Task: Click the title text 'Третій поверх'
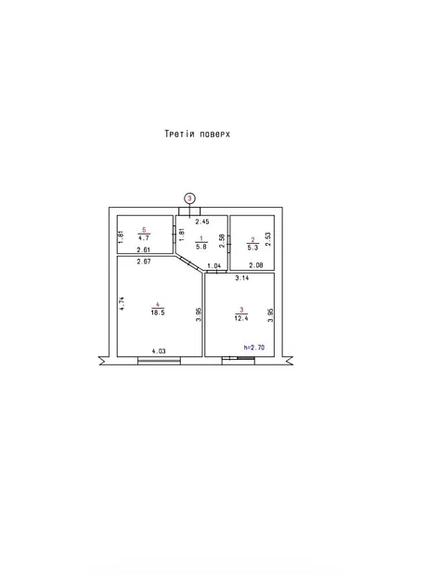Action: pos(197,134)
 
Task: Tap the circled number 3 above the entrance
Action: pos(189,198)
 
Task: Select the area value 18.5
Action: pos(158,313)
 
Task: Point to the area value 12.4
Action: pos(241,318)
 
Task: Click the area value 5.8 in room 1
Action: pos(201,247)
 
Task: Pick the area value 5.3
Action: pos(252,248)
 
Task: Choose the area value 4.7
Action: pos(144,238)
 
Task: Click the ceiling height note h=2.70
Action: pos(254,347)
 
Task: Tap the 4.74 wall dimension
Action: pos(123,303)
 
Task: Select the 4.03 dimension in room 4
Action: pos(159,351)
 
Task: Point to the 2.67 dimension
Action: pos(144,262)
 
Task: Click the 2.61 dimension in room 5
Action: pos(144,249)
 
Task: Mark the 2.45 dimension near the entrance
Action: pos(202,222)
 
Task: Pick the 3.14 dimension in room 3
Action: pos(242,278)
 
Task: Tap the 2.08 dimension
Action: pos(256,265)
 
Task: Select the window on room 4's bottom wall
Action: pos(159,361)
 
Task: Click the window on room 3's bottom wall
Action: pos(239,361)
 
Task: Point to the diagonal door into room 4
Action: pos(189,263)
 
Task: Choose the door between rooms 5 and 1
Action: pos(174,233)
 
